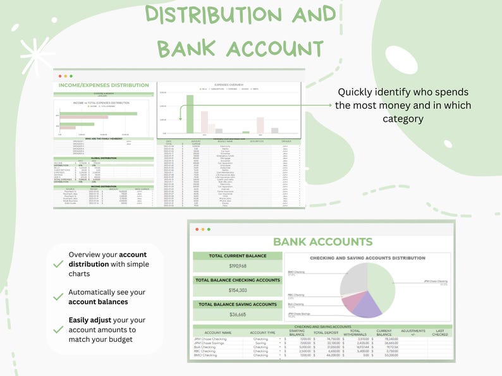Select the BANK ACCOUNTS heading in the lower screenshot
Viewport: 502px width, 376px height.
322,241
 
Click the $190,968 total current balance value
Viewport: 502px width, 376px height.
237,266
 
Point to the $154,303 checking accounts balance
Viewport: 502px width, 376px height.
237,290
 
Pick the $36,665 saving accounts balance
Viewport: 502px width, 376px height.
237,314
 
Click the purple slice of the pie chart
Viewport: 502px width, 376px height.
368,305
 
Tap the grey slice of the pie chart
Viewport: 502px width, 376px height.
353,277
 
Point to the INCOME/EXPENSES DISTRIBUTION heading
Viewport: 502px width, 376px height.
103,85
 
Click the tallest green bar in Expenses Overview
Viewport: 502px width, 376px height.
189,114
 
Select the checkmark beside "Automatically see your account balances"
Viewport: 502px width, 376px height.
58,297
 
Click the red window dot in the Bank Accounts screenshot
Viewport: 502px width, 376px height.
196,229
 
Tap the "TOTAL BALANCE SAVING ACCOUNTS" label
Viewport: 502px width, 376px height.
237,305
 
